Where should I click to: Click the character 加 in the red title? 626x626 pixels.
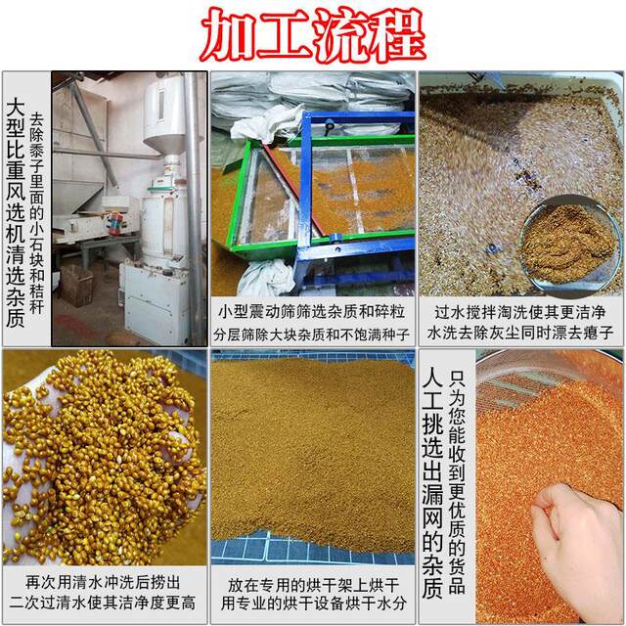[228, 34]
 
